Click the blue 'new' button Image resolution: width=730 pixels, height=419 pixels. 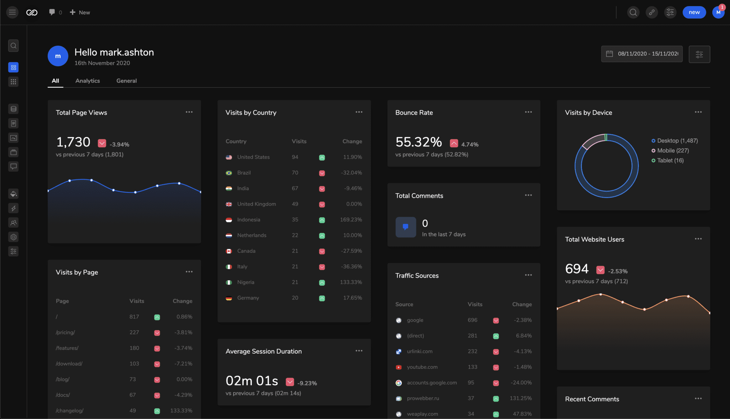coord(694,12)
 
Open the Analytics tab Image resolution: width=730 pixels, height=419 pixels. coord(87,81)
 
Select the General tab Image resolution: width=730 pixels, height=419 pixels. coord(126,81)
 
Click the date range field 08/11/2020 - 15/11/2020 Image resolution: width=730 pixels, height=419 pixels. coord(642,54)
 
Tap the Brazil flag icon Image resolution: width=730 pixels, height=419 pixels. coord(229,173)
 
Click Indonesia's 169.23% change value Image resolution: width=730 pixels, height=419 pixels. coord(351,220)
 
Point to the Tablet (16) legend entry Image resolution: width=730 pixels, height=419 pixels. coord(670,160)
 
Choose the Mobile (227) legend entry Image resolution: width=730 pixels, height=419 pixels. coord(673,150)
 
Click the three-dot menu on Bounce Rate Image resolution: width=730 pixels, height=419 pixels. coord(528,112)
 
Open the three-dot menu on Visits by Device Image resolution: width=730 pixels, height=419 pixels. coord(698,112)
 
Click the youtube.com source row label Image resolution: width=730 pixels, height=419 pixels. coord(422,367)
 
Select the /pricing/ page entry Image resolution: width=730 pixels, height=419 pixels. coord(65,332)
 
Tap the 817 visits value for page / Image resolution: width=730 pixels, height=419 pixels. coord(134,317)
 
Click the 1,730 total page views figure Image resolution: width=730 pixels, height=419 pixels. coord(73,142)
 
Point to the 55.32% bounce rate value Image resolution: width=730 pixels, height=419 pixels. coord(418,142)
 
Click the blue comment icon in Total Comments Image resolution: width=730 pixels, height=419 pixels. coord(406,227)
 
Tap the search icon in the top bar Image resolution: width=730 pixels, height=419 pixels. coord(633,12)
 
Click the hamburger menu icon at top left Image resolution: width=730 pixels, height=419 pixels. coord(12,12)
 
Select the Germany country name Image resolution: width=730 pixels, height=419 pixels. coord(248,298)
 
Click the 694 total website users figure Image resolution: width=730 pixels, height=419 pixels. coord(576,269)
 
